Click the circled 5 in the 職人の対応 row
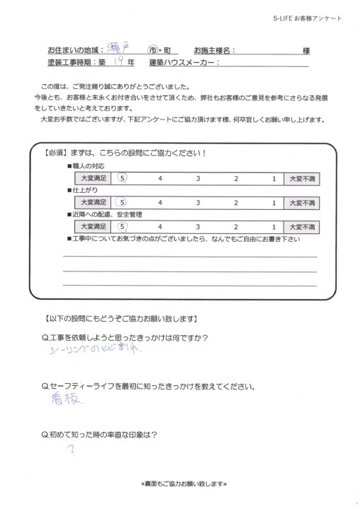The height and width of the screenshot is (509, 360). (x=123, y=179)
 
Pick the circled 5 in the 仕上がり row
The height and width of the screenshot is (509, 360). (x=123, y=203)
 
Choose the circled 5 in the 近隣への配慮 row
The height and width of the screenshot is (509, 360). (x=123, y=227)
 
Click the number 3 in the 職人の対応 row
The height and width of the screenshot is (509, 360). (x=198, y=179)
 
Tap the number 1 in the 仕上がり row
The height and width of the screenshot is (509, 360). (x=273, y=203)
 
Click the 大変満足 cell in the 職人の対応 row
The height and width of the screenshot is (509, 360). (x=93, y=179)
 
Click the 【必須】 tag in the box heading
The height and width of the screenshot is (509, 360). (x=56, y=153)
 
